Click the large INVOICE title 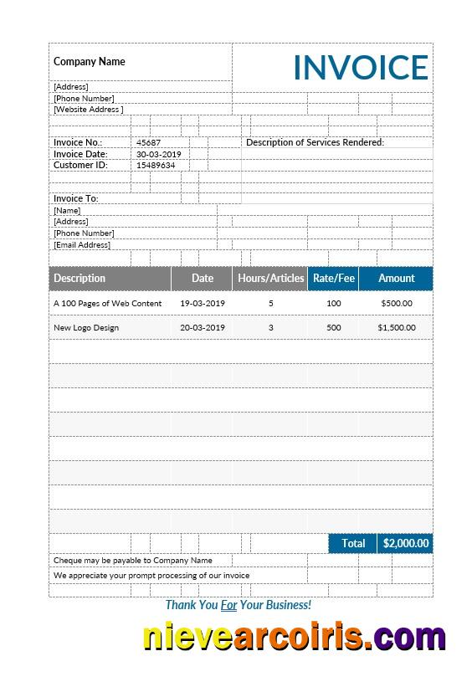coord(360,68)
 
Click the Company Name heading coord(90,61)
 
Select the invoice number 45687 coord(148,143)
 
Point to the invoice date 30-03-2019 coord(158,154)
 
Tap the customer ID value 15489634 coord(156,165)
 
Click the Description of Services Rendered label coord(315,142)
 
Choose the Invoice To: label coord(76,198)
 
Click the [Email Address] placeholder coord(82,245)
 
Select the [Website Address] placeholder coord(88,110)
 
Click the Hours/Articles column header coord(270,279)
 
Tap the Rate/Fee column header coord(333,279)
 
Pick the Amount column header coord(396,279)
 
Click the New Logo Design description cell coord(86,328)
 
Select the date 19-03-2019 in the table coord(203,303)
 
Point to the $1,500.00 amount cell coord(396,328)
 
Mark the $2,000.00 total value coord(405,544)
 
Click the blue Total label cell coord(353,544)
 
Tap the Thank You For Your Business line coord(238,604)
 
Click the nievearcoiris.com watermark coord(294,638)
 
